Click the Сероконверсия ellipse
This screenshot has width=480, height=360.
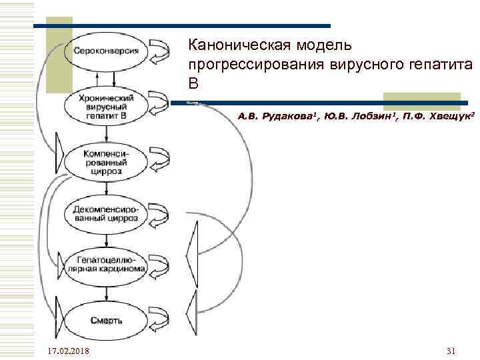(x=107, y=51)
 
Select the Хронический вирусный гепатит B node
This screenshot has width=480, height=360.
(x=107, y=106)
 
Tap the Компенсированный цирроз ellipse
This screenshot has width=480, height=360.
(x=107, y=161)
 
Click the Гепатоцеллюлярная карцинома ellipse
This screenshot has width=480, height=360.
(x=107, y=264)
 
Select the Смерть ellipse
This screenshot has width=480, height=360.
(x=107, y=319)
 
